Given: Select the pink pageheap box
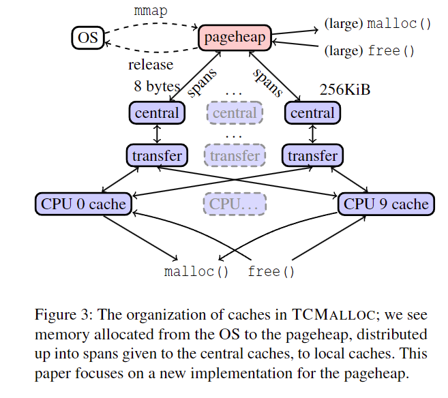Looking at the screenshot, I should [235, 37].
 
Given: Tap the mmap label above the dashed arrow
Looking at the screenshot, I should [149, 12].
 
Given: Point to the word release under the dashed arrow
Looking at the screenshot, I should [151, 65].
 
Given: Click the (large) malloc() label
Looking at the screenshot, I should [378, 25].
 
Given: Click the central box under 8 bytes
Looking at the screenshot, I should [157, 112].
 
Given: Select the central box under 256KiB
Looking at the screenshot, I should [312, 112].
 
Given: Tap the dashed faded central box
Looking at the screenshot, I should [235, 112].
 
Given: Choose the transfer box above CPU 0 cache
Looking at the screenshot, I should [157, 155].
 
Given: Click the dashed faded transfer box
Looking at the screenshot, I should [235, 155].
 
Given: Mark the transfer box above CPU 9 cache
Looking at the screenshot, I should [312, 155].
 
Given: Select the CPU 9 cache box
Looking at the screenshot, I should [386, 203].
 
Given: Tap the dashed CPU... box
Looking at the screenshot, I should [235, 203].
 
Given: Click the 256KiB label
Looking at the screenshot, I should [345, 89].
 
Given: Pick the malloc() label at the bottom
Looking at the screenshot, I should [196, 272].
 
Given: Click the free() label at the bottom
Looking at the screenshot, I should [271, 272].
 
